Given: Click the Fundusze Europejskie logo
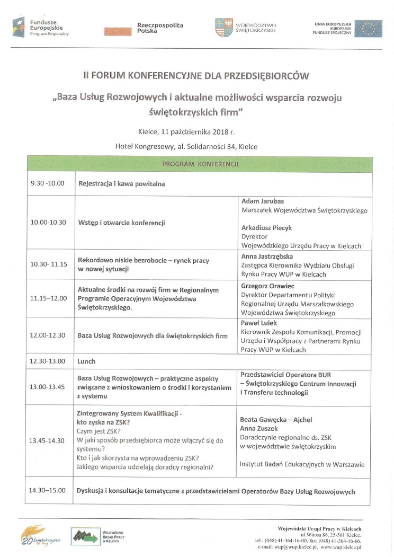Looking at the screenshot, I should [x=42, y=26].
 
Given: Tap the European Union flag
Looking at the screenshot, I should [x=368, y=28].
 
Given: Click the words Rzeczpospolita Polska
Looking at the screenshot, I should [x=153, y=28].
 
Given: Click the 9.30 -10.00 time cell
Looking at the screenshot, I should [x=47, y=183].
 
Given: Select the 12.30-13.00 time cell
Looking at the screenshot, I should [x=48, y=361].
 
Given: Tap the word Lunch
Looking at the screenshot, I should [x=87, y=361].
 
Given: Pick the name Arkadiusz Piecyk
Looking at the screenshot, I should [x=266, y=227].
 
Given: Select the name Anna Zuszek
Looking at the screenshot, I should [x=259, y=428].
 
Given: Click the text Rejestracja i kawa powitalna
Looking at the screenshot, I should [x=121, y=184].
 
